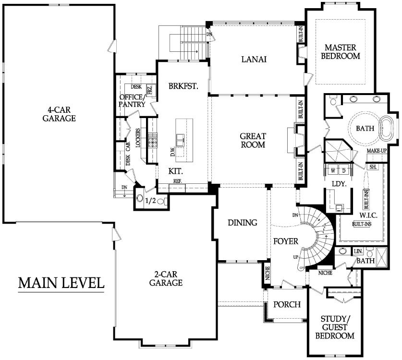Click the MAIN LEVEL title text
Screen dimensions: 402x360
click(61, 283)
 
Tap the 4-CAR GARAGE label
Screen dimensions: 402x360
click(59, 114)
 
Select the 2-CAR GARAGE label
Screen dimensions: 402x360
click(166, 278)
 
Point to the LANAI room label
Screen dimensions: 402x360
click(254, 60)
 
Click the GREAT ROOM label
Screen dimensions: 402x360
click(253, 140)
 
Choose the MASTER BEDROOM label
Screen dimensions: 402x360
click(341, 52)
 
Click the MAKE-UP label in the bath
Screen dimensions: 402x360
click(377, 151)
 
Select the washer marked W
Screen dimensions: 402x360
click(333, 171)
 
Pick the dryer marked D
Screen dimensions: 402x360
click(344, 171)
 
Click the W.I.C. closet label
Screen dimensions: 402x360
click(368, 215)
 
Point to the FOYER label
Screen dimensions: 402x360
click(286, 241)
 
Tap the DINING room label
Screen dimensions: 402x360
click(243, 223)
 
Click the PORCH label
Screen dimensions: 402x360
click(287, 304)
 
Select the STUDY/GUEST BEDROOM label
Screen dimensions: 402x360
click(335, 327)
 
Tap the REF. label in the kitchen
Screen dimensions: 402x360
click(177, 181)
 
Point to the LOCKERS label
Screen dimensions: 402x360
click(138, 138)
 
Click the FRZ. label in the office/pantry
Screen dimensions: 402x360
click(150, 90)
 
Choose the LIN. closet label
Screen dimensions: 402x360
click(358, 252)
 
